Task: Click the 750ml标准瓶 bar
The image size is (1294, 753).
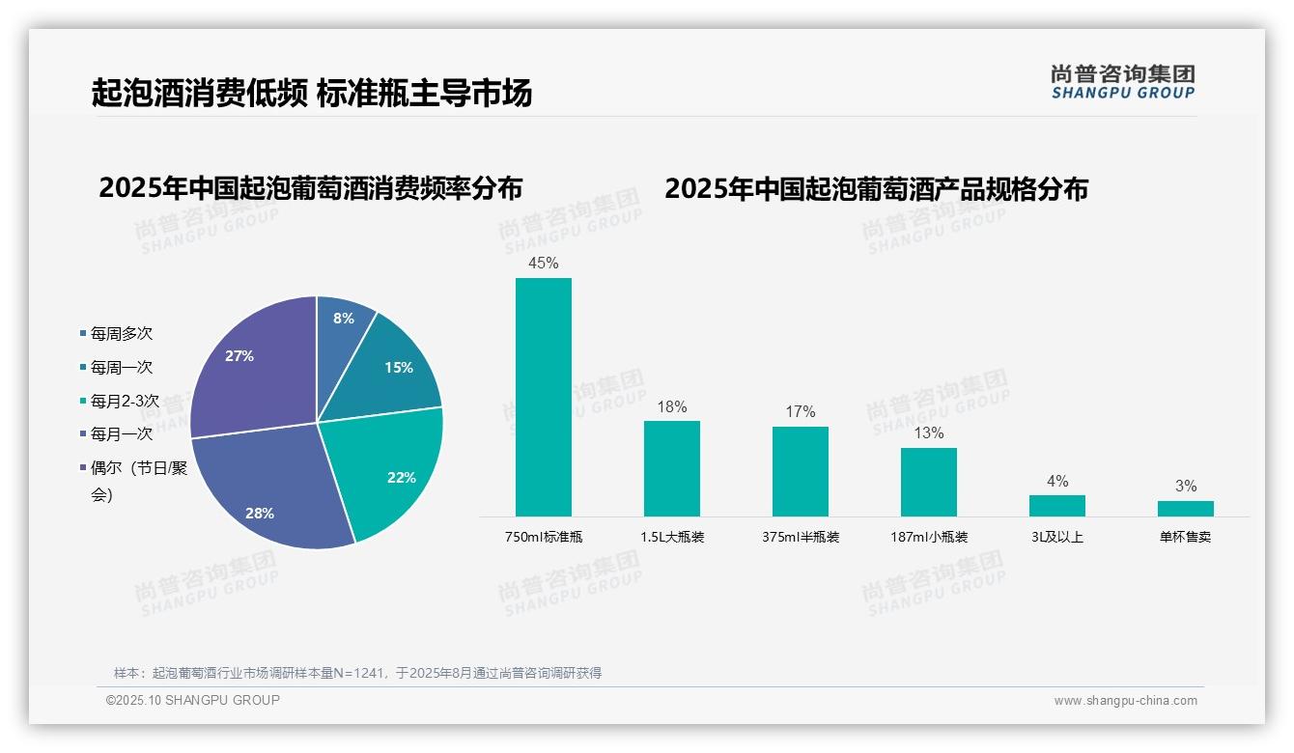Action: tap(543, 397)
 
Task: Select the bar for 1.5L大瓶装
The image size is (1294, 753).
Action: tap(671, 468)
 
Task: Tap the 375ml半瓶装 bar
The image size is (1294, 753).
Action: tap(800, 471)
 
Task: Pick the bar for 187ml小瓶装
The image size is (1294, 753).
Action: tap(928, 482)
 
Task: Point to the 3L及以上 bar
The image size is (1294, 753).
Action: tap(1056, 506)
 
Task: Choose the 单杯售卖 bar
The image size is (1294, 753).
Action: tap(1185, 509)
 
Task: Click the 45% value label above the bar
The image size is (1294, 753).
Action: tap(543, 263)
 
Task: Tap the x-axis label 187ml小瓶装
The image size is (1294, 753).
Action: tap(928, 537)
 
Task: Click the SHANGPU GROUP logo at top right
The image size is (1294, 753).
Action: tap(1122, 82)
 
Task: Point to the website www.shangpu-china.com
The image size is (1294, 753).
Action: tap(1125, 701)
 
